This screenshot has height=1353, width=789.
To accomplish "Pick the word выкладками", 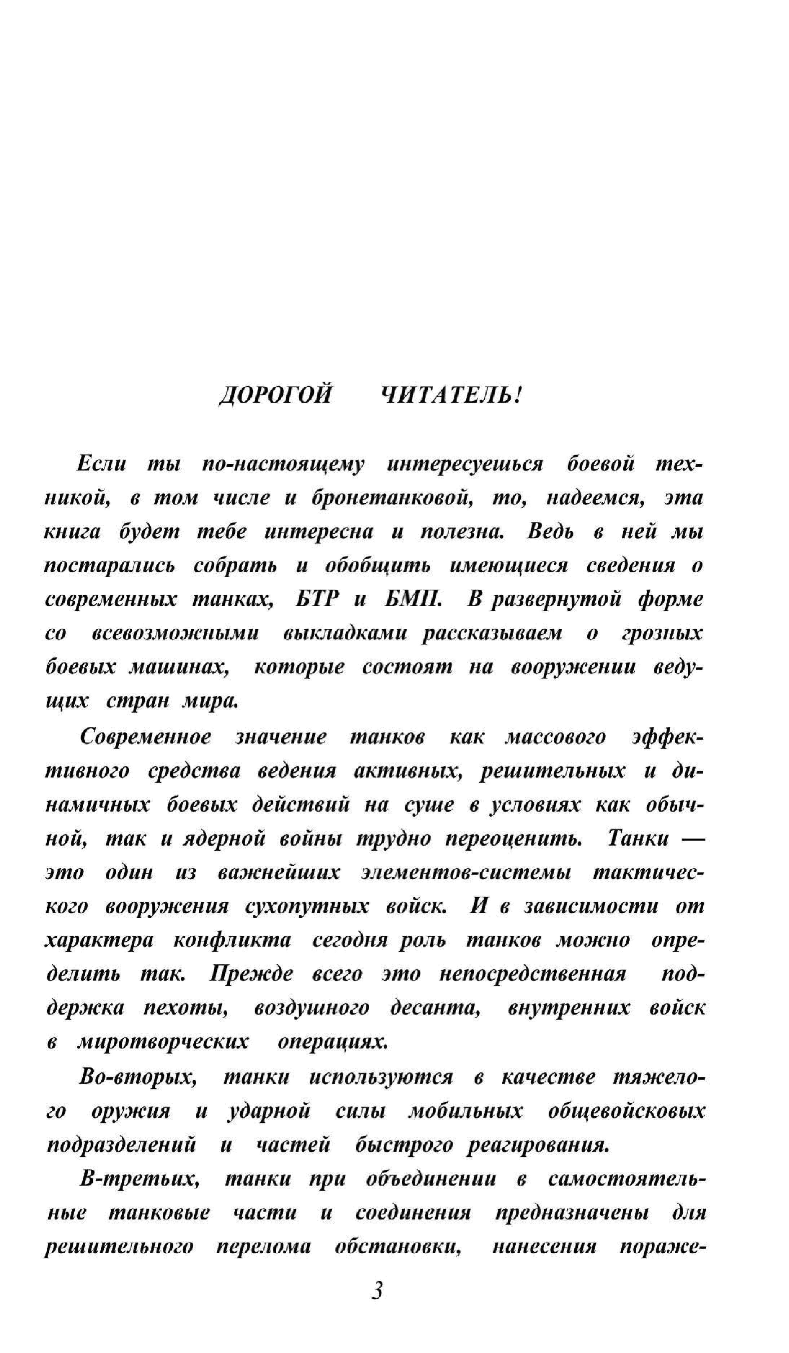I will [x=345, y=634].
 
